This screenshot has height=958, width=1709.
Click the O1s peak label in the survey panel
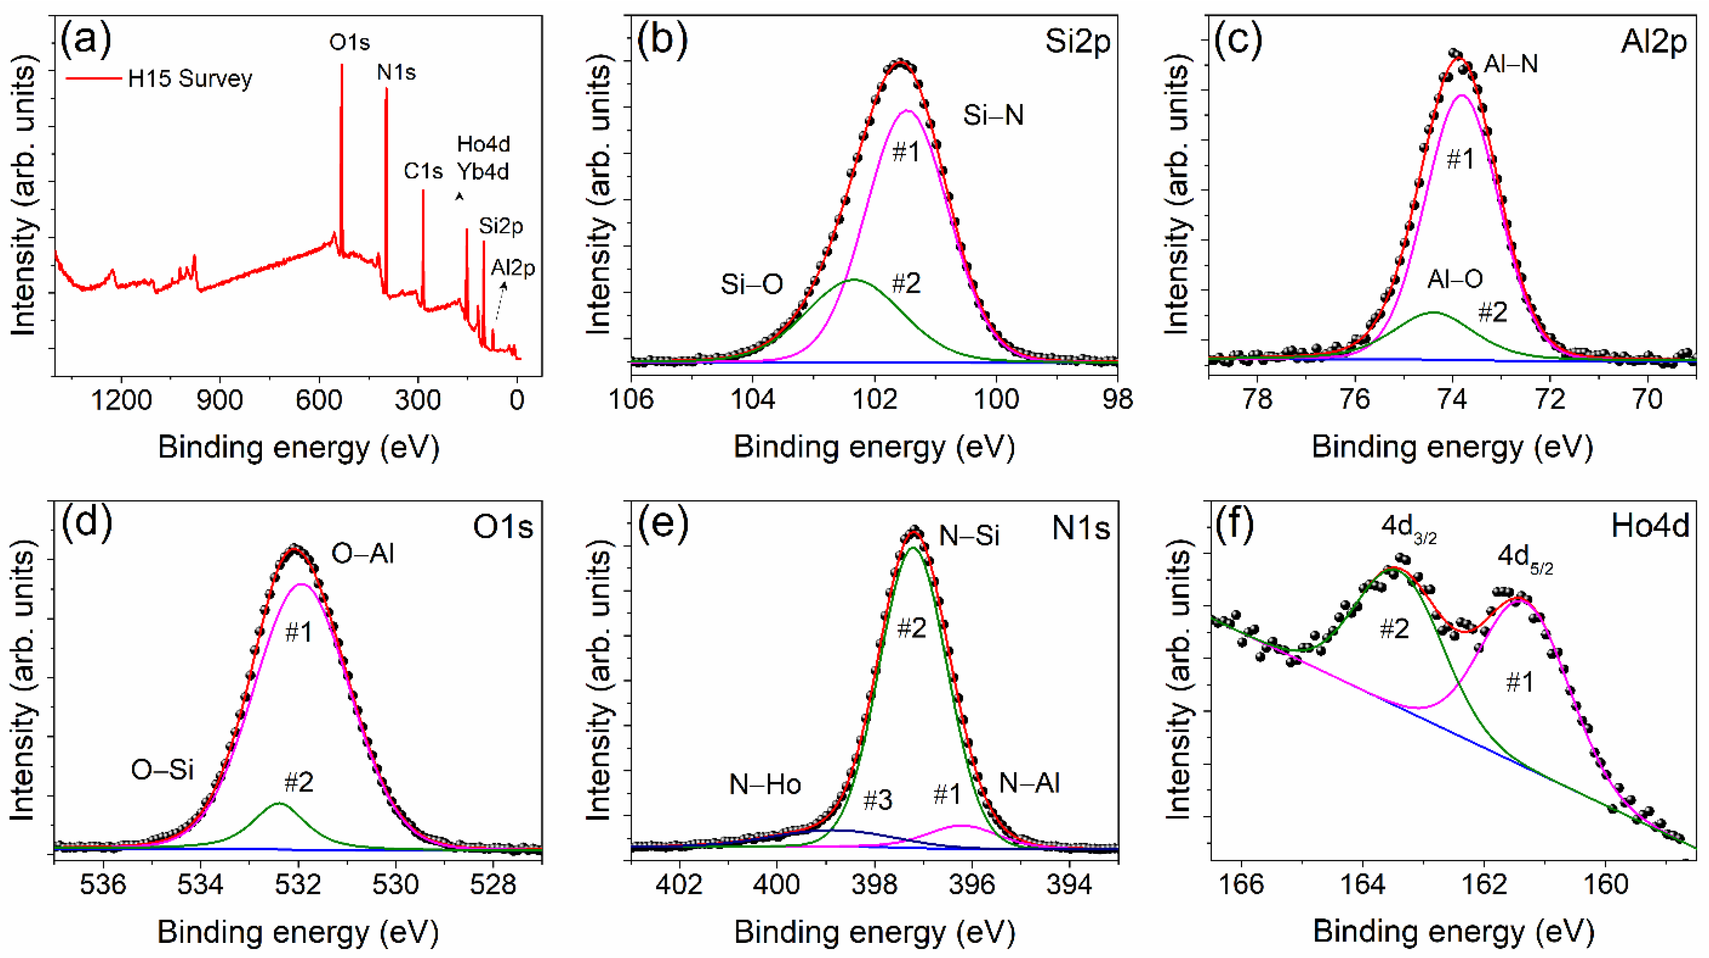[349, 42]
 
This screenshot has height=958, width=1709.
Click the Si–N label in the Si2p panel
[993, 116]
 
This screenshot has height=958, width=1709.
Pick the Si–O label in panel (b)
[752, 285]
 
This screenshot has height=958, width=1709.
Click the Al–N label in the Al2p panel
[1511, 64]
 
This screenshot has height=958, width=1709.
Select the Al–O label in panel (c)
[1455, 279]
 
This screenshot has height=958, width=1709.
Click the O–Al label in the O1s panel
[362, 553]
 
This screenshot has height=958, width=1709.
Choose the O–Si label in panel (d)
[162, 769]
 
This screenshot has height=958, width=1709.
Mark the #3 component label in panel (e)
[877, 800]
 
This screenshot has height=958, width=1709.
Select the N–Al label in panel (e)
[1029, 784]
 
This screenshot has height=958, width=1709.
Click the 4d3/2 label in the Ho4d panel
[1408, 529]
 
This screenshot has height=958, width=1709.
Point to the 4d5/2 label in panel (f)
[1524, 558]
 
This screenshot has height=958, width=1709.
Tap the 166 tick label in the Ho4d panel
[1241, 885]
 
